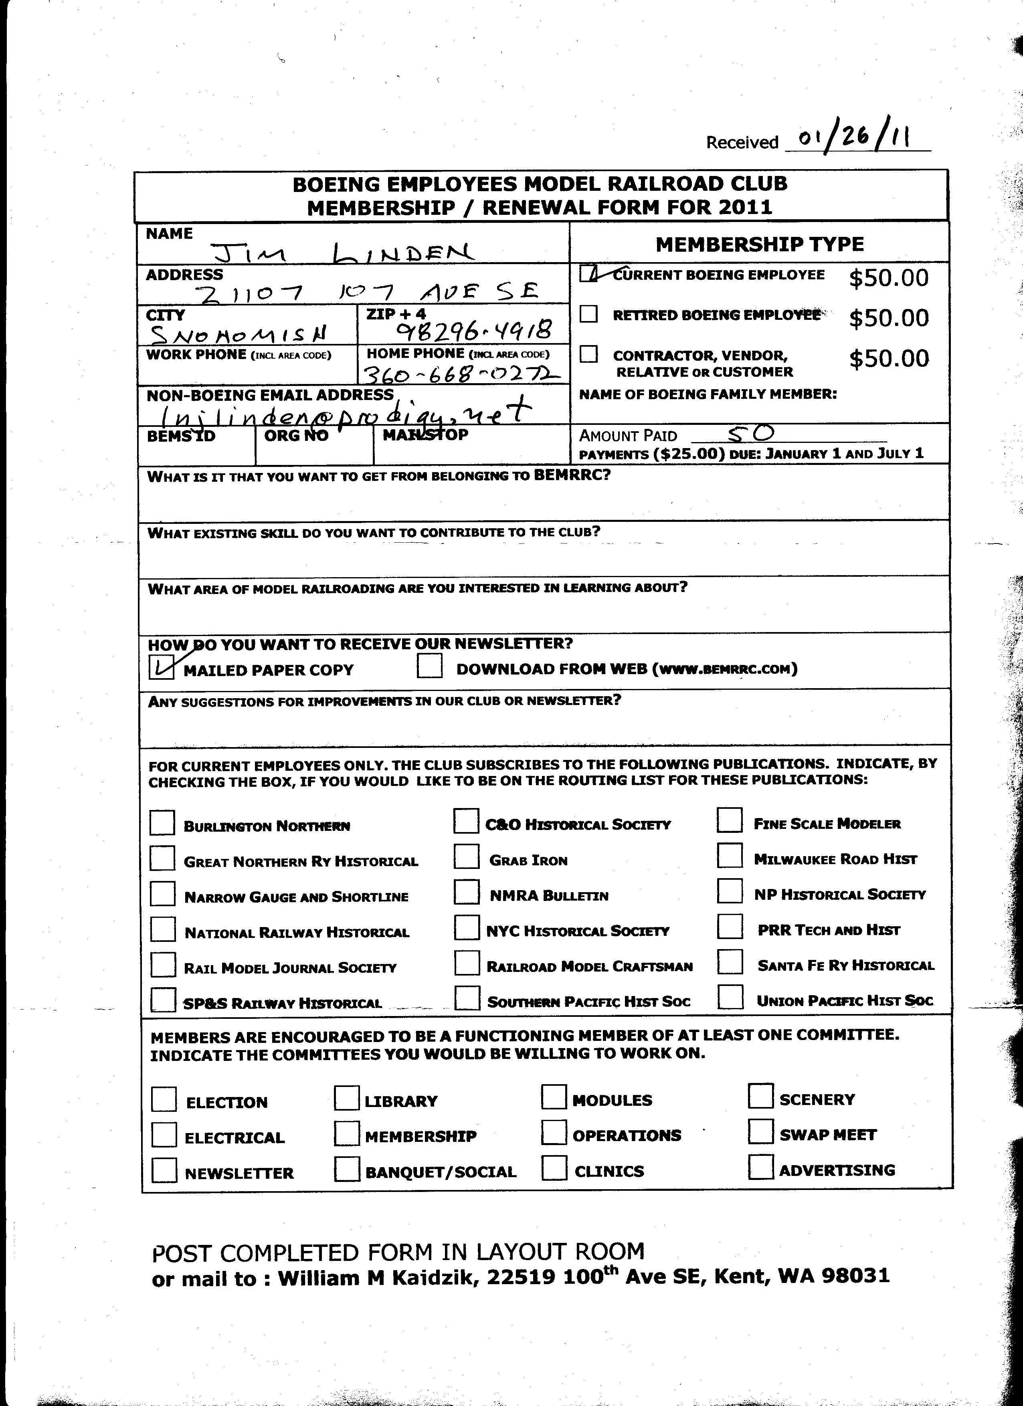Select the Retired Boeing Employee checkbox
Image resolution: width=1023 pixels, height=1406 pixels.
588,314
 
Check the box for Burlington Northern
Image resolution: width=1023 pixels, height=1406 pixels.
162,823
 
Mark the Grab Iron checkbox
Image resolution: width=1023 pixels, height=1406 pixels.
466,857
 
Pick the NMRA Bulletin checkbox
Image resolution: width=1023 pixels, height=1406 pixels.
466,893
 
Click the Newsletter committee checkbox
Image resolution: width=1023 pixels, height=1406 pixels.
164,1170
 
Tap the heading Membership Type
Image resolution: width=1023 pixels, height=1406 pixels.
760,244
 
